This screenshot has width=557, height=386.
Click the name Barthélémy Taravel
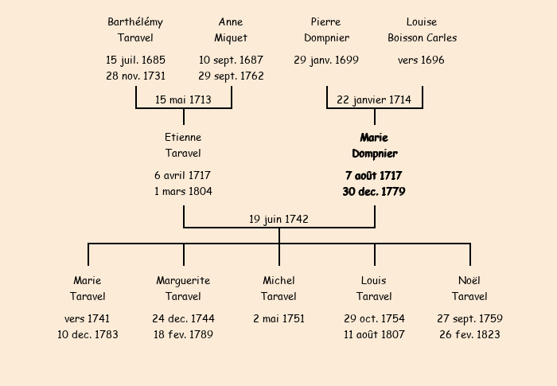pyautogui.click(x=135, y=29)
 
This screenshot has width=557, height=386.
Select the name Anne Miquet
pyautogui.click(x=231, y=29)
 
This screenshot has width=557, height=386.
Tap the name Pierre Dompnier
pyautogui.click(x=326, y=29)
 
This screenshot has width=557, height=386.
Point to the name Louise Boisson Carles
pyautogui.click(x=422, y=29)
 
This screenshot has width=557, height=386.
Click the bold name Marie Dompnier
pyautogui.click(x=374, y=146)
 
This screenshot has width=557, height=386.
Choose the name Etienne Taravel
pyautogui.click(x=183, y=146)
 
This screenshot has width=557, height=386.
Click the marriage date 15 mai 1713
pyautogui.click(x=183, y=99)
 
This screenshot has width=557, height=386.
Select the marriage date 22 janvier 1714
pyautogui.click(x=374, y=99)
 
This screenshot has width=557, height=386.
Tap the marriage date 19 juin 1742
pyautogui.click(x=278, y=219)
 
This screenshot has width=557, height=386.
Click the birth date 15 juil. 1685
pyautogui.click(x=135, y=60)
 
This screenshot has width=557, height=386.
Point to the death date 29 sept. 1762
pyautogui.click(x=231, y=76)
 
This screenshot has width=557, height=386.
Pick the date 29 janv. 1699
pyautogui.click(x=326, y=60)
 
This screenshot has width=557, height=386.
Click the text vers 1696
pyautogui.click(x=422, y=60)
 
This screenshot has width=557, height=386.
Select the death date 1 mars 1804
pyautogui.click(x=183, y=192)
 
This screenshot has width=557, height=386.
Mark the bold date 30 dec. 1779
pyautogui.click(x=374, y=192)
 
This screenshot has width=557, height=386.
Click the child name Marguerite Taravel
pyautogui.click(x=183, y=289)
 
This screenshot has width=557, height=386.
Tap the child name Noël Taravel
pyautogui.click(x=469, y=289)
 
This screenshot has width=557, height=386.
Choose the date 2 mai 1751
pyautogui.click(x=278, y=318)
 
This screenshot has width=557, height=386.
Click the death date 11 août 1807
pyautogui.click(x=374, y=335)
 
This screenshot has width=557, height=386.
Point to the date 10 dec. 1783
pyautogui.click(x=88, y=335)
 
